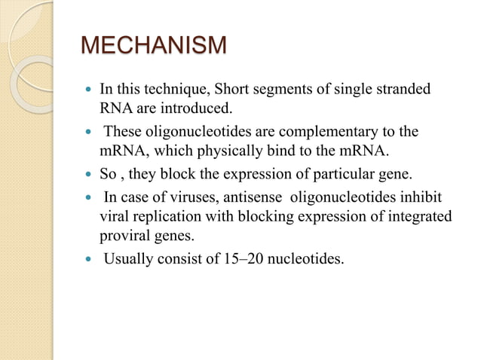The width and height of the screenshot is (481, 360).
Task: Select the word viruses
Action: point(188,199)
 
